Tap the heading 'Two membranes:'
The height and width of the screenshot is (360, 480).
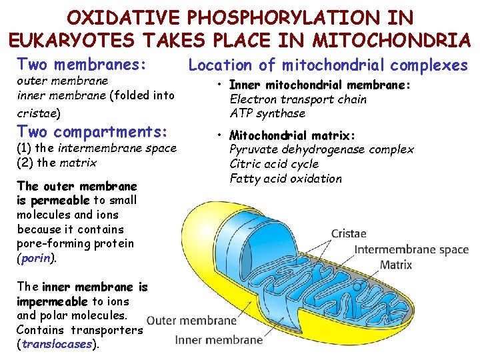pyautogui.click(x=81, y=65)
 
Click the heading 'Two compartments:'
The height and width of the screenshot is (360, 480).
pyautogui.click(x=91, y=131)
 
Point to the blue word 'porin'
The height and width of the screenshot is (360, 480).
pyautogui.click(x=36, y=258)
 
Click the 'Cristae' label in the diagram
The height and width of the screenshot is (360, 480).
pyautogui.click(x=348, y=234)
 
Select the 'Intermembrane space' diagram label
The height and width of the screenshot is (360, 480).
pyautogui.click(x=411, y=250)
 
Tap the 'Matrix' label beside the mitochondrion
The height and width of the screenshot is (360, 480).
pyautogui.click(x=396, y=265)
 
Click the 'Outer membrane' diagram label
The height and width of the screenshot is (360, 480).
pyautogui.click(x=191, y=320)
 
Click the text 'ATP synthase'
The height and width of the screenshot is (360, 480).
pyautogui.click(x=267, y=113)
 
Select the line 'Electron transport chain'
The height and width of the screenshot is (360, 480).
pyautogui.click(x=297, y=99)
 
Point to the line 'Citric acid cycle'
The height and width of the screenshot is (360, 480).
pyautogui.click(x=274, y=164)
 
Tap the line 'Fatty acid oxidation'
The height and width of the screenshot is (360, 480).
pyautogui.click(x=285, y=179)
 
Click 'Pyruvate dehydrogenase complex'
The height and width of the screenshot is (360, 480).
pyautogui.click(x=321, y=149)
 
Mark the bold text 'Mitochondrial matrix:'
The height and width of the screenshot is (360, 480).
pyautogui.click(x=292, y=135)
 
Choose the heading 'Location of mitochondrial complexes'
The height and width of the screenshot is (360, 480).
pyautogui.click(x=328, y=65)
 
